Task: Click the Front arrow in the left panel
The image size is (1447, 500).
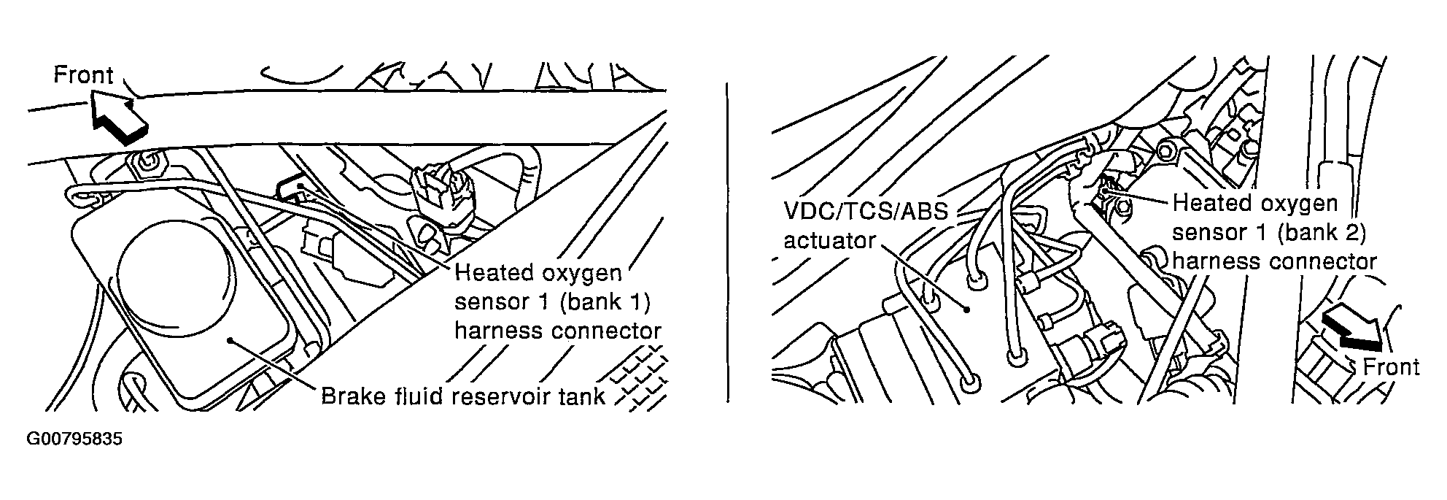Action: coord(118,117)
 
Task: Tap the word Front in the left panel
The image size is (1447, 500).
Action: coord(84,76)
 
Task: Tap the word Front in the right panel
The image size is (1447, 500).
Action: coord(1390,367)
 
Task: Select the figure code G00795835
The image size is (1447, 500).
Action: coord(74,440)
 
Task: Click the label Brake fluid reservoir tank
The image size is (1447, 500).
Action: coord(463,396)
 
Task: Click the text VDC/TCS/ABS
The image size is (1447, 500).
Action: coord(866,212)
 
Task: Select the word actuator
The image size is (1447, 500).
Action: coord(829,240)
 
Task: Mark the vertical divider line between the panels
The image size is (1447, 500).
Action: coord(727,241)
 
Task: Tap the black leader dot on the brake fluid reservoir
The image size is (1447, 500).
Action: coord(230,339)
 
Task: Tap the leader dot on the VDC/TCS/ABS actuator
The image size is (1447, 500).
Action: coord(966,309)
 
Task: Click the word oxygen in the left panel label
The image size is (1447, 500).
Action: coord(581,274)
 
